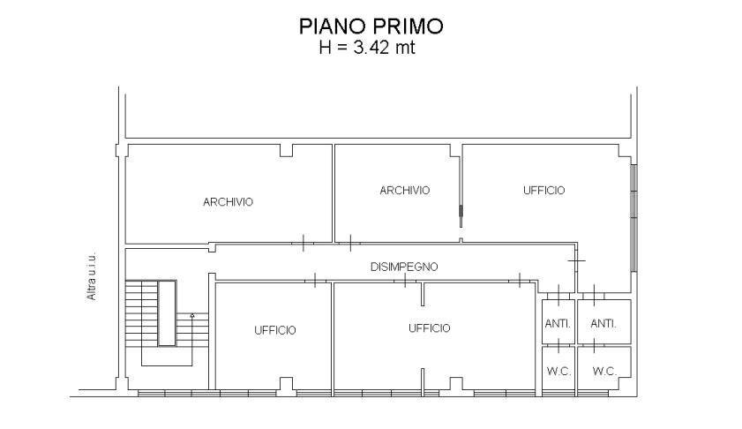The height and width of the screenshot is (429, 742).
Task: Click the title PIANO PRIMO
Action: coord(371,26)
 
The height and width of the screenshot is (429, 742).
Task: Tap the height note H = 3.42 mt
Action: coord(366,48)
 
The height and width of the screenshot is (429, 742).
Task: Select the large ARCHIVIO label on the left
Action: coord(228,202)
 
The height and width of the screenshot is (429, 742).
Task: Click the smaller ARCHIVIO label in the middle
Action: coord(404,191)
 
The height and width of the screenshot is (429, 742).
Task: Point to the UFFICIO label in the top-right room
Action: coord(543,191)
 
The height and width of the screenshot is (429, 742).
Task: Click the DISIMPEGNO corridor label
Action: coord(404,267)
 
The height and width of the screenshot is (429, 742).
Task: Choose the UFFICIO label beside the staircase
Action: coord(275,330)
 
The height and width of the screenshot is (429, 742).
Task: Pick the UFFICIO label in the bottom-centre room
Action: coord(429,328)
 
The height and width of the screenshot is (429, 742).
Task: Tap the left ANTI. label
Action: coord(558,324)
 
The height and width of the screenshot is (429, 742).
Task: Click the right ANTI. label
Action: coord(603,324)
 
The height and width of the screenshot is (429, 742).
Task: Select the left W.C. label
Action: coord(558,372)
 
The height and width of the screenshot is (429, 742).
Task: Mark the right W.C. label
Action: coord(604,372)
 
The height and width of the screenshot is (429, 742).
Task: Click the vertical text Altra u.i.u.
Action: coord(92,277)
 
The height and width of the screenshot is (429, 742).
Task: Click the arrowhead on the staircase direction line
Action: coord(192,315)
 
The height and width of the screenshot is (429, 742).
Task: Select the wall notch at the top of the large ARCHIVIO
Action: coord(287,151)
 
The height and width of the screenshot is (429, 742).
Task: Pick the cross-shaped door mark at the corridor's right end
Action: coord(577,262)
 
